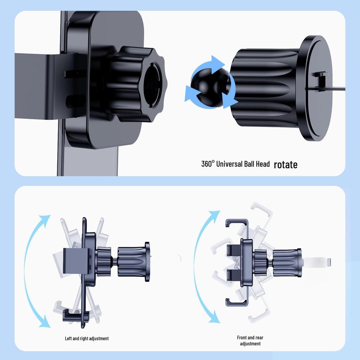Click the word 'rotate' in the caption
(x=285, y=165)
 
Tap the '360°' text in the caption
(x=208, y=164)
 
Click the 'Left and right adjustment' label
(x=87, y=339)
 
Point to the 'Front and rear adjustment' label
(x=250, y=340)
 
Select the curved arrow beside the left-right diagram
(x=26, y=271)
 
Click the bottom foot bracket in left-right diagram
(x=76, y=315)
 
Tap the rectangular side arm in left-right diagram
(x=76, y=261)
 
